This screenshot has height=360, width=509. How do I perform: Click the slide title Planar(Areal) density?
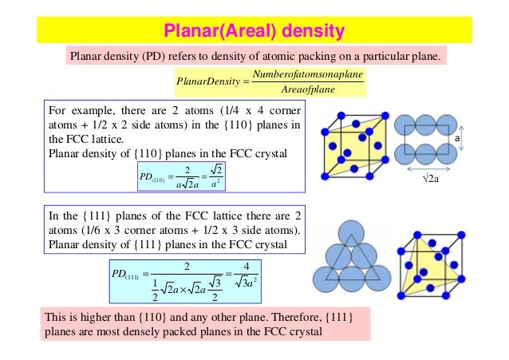254,31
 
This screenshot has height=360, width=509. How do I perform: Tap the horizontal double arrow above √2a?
424,169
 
